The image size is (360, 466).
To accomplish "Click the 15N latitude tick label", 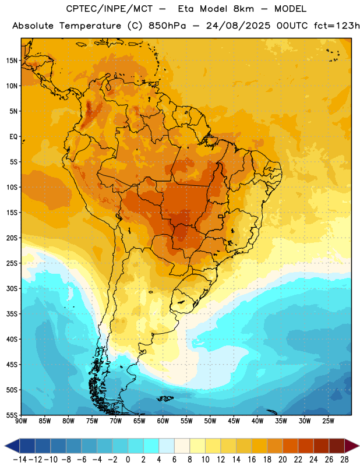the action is point(12,61).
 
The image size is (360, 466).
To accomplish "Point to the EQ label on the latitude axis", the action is point(13,137).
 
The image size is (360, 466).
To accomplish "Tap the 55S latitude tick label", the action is point(12,415).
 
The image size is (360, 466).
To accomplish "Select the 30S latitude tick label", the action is point(12,288).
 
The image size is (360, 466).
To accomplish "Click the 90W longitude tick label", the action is point(21,421).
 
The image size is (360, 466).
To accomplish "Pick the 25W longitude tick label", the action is point(328,421).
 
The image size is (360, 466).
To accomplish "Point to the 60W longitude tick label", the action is point(163,421).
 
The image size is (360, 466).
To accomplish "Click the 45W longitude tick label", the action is point(234,421).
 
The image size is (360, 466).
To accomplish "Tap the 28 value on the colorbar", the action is point(344,460).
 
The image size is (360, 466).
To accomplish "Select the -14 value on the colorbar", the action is point(20,460).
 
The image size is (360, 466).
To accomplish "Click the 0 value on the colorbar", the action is point(128,460).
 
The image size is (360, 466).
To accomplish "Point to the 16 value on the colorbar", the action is point(252,460).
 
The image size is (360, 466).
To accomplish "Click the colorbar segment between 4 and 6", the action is point(167,446).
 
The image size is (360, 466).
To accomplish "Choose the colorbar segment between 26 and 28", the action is point(337,446).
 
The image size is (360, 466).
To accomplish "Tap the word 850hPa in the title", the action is point(167,26).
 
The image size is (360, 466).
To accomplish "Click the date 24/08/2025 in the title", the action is point(238,26).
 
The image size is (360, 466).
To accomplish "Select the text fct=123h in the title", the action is point(337,26).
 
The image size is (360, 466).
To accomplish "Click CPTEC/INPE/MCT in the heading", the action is point(109,9).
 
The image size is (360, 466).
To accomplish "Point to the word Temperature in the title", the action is point(90,26).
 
